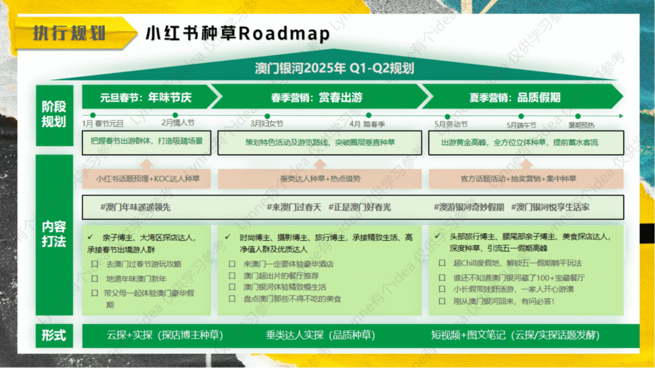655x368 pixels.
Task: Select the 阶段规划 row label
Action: point(54,113)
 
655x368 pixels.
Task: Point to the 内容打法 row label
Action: point(54,234)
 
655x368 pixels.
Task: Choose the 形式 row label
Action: point(54,335)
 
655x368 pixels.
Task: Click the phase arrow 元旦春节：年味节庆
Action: point(145,98)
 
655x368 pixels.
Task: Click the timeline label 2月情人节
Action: point(178,123)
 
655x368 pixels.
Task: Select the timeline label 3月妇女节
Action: point(266,123)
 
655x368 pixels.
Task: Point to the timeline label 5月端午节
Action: point(521,125)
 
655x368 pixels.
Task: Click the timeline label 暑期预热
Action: point(581,125)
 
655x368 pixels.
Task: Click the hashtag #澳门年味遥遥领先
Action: point(136,208)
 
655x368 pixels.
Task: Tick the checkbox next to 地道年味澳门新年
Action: point(94,279)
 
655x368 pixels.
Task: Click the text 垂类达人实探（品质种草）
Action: point(320,335)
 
